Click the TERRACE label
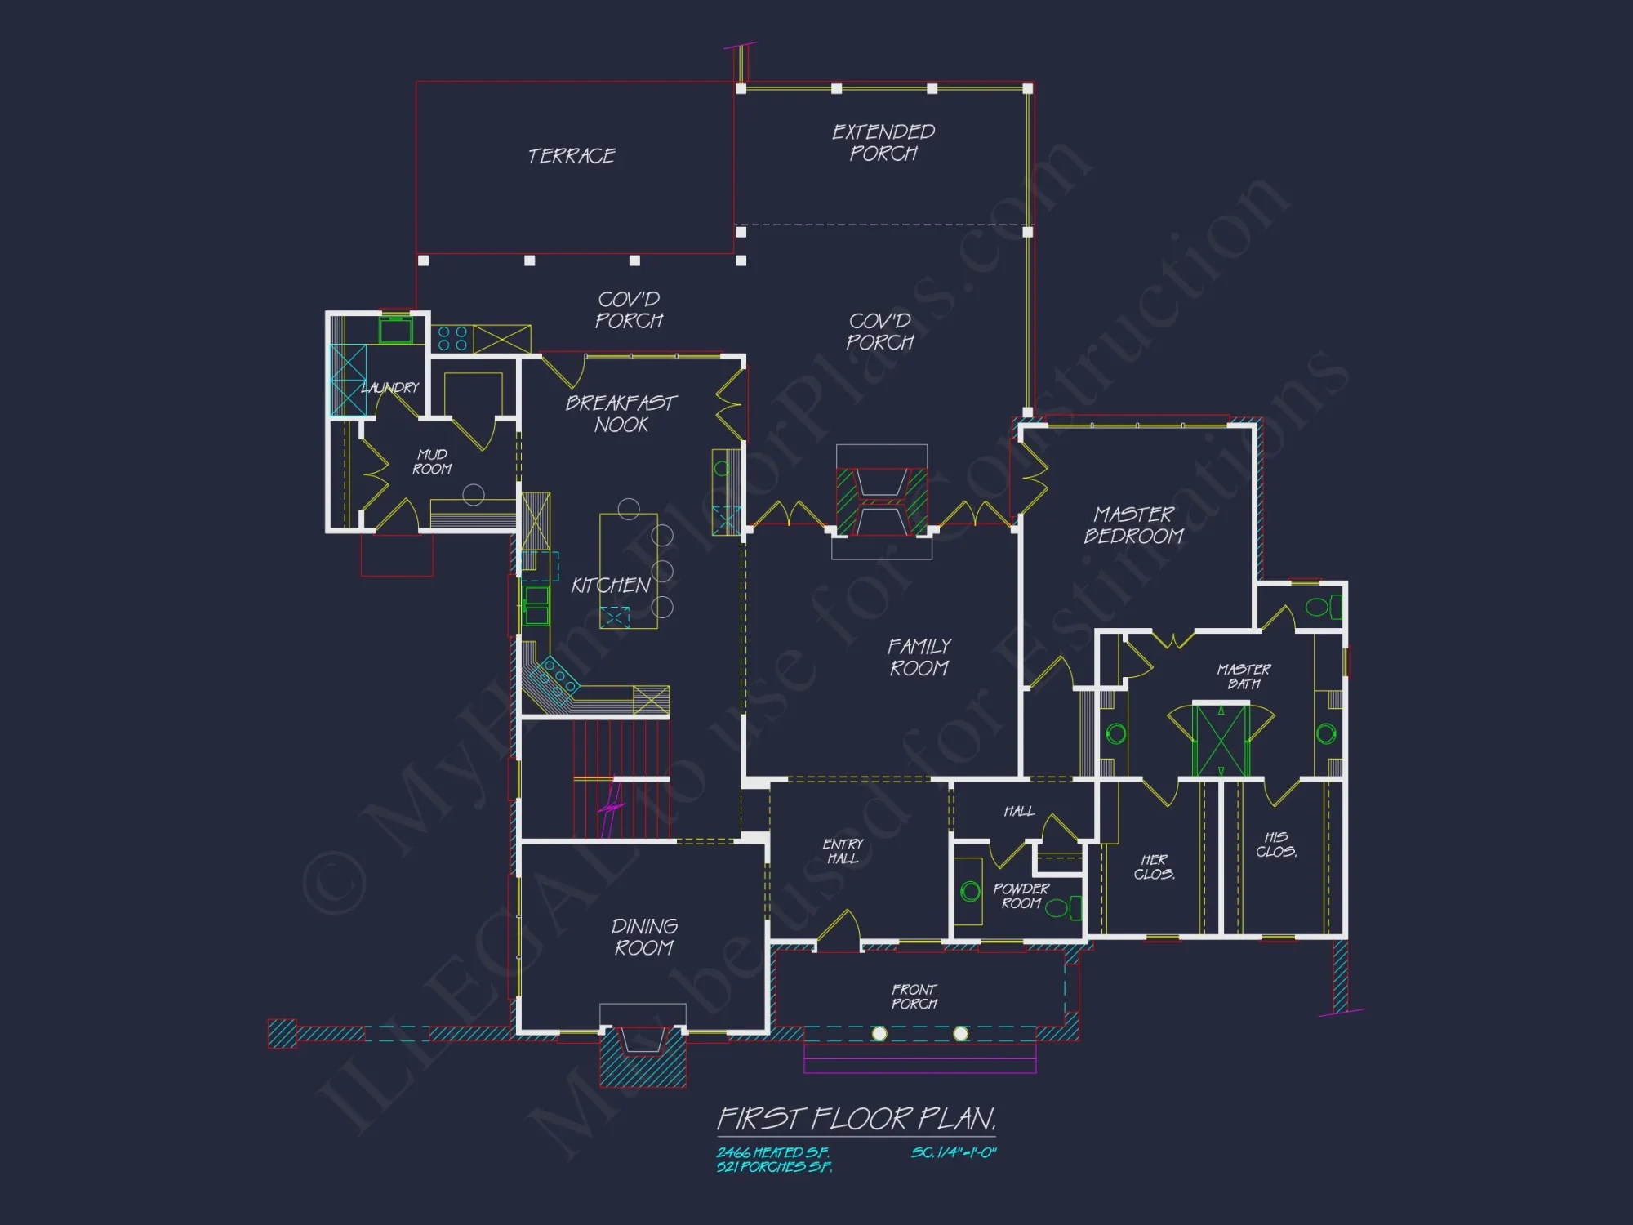coord(572,156)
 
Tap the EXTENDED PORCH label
coord(883,143)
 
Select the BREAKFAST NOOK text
coord(621,414)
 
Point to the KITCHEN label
coord(611,586)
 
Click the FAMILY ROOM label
coord(919,657)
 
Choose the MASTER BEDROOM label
coord(1134,525)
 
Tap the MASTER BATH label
coord(1244,676)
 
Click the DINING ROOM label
coord(644,937)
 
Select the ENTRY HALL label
coord(843,851)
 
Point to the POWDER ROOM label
coord(1021,896)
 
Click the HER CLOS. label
coord(1154,866)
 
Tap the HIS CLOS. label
coord(1276,844)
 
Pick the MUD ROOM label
coord(432,461)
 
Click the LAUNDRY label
coord(390,387)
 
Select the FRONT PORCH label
coord(914,996)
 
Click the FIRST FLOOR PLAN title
coord(857,1119)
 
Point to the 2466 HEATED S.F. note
coord(772,1152)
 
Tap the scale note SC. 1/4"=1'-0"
coord(954,1152)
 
